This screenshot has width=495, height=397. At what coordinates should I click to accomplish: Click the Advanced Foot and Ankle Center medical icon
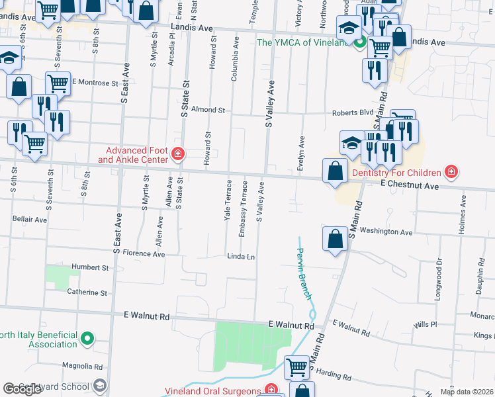pos(177,155)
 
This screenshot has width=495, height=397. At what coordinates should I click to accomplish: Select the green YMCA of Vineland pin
pos(360,43)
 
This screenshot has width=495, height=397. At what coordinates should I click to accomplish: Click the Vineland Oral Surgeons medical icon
pos(270,390)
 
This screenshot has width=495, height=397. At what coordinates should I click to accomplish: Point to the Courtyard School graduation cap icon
pos(99,386)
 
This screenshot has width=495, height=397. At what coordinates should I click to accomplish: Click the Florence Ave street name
pos(138,253)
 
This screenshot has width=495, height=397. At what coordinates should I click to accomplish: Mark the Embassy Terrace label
pos(244,200)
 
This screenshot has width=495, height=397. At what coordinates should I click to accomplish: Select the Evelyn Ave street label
pos(301,154)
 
